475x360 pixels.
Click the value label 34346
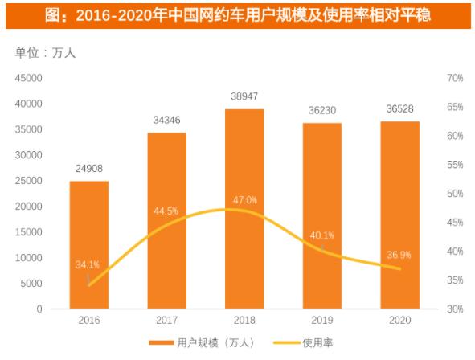pyautogui.click(x=166, y=120)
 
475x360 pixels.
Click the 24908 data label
pyautogui.click(x=88, y=168)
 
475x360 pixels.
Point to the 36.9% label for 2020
pyautogui.click(x=399, y=255)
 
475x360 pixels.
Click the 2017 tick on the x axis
pyautogui.click(x=166, y=320)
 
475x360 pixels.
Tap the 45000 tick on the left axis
pyautogui.click(x=30, y=78)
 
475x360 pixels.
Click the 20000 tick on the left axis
pyautogui.click(x=30, y=207)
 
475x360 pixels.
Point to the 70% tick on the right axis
pyautogui.click(x=454, y=78)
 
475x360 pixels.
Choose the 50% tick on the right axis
pyautogui.click(x=454, y=194)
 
